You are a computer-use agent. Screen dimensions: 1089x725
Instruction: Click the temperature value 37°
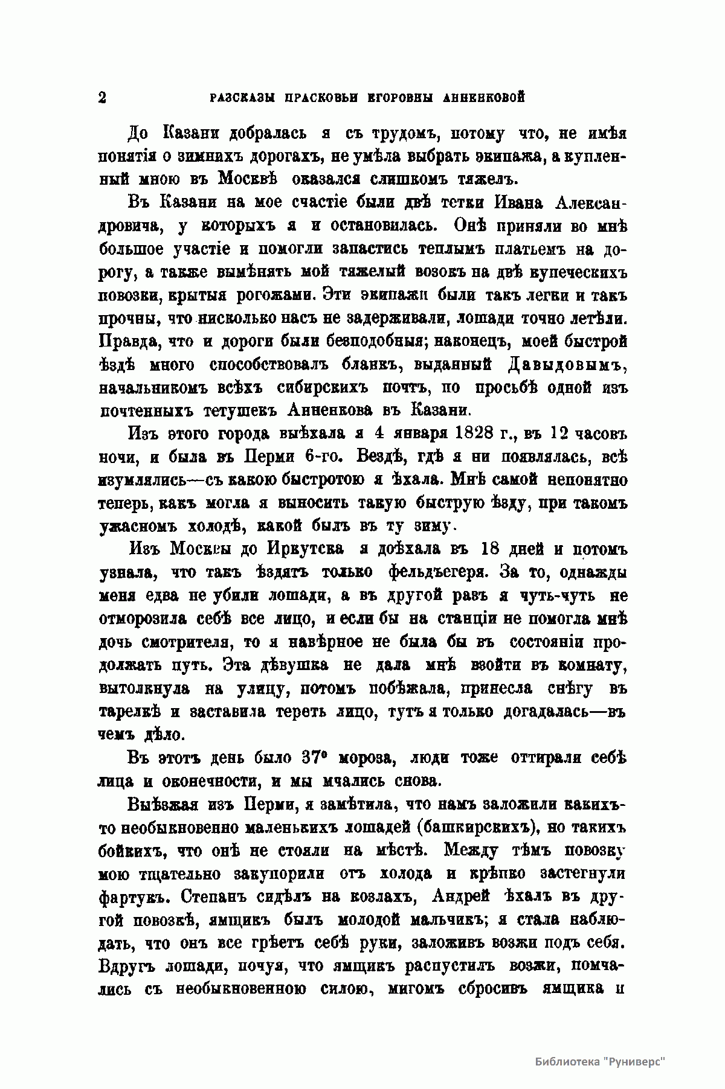tap(311, 758)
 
